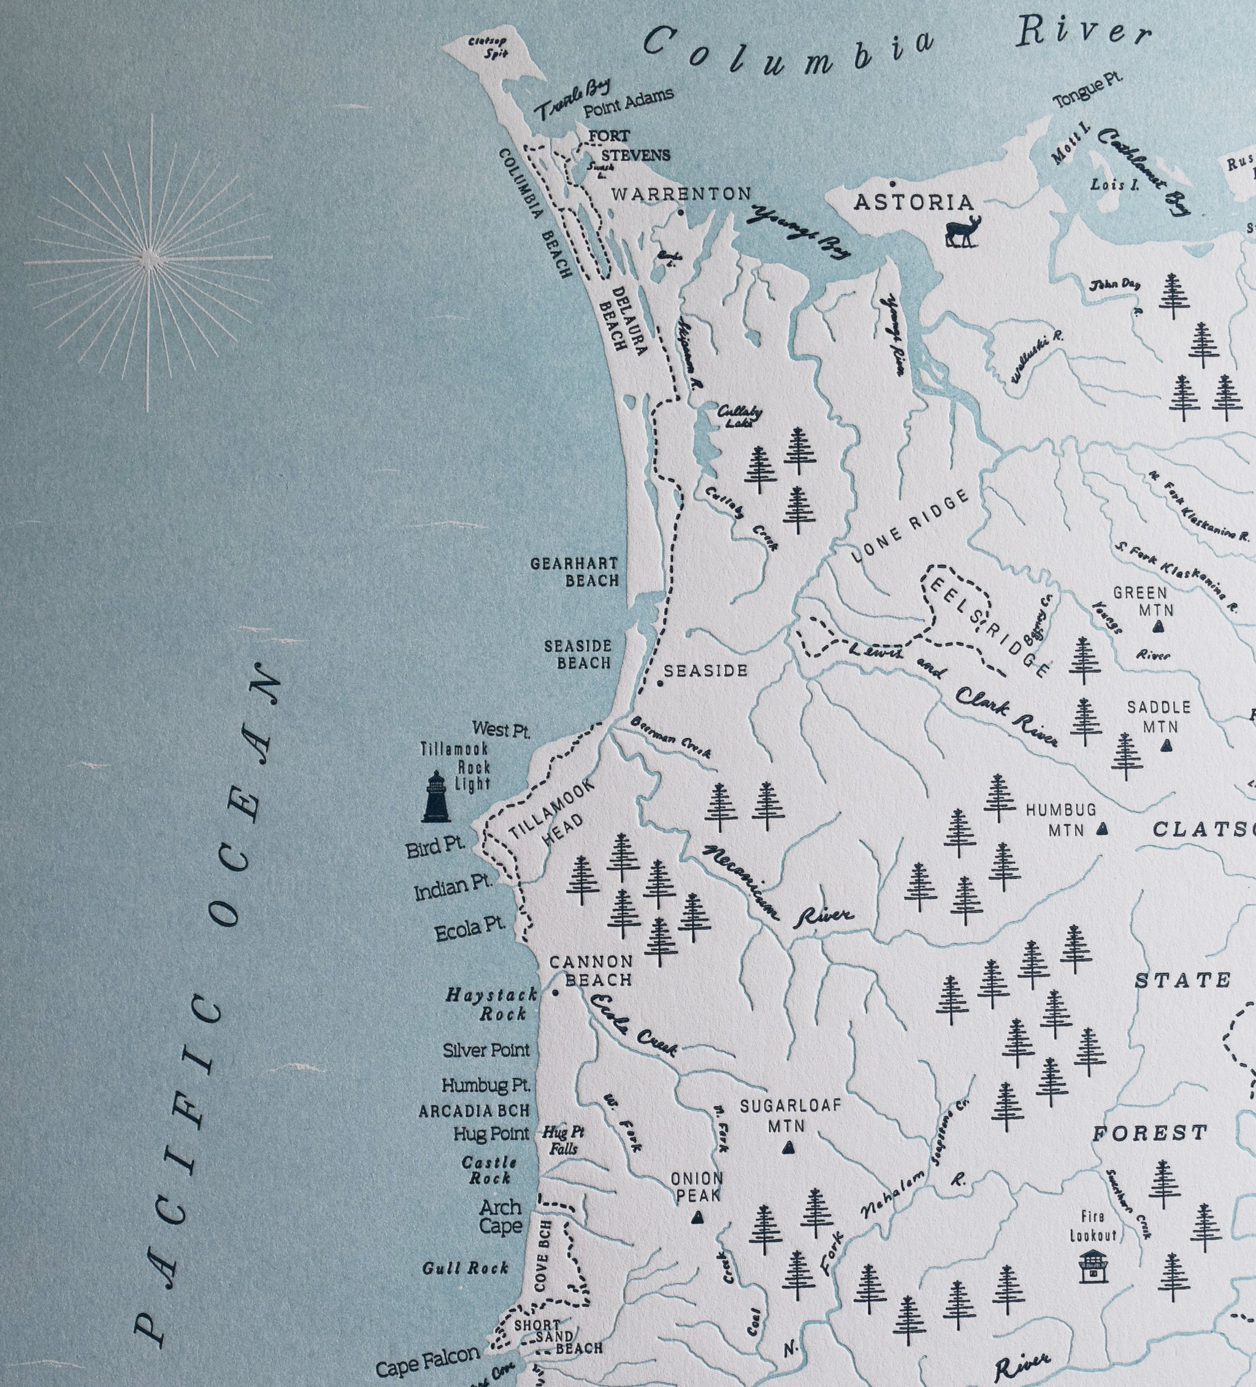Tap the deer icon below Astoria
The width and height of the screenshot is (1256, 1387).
point(962,232)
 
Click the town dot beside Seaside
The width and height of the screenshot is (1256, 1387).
point(660,683)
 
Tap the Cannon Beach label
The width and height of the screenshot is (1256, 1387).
point(591,970)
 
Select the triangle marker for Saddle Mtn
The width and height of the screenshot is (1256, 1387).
point(1165,745)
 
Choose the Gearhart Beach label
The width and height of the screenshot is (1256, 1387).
point(575,572)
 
